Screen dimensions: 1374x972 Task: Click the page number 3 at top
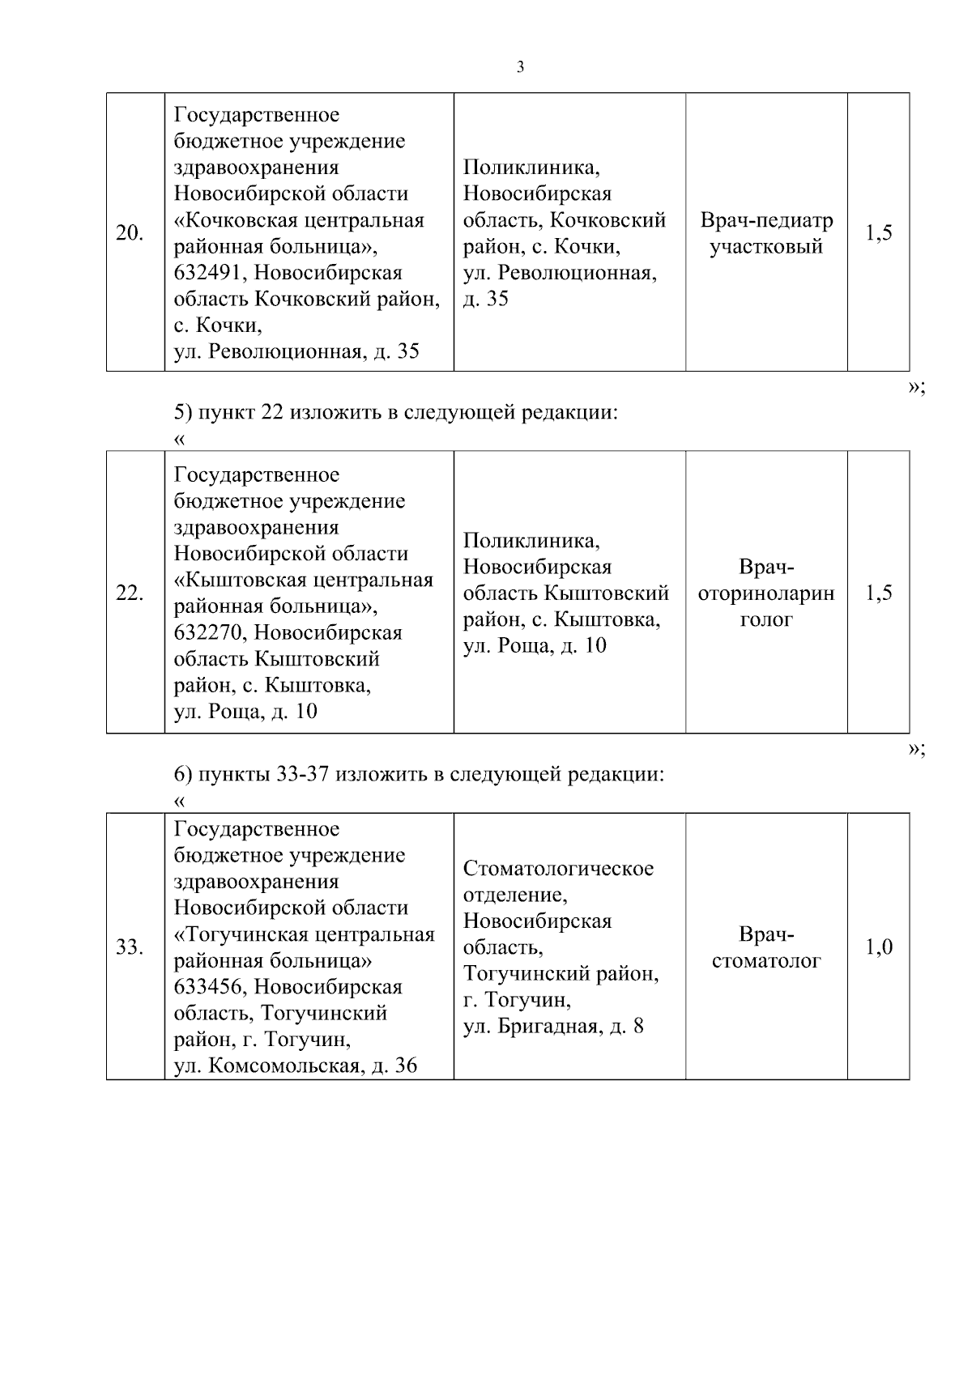(520, 67)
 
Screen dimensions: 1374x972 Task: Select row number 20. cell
(130, 233)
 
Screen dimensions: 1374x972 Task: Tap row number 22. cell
(130, 593)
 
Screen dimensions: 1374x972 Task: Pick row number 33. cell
(130, 946)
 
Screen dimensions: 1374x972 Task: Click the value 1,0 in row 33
(879, 946)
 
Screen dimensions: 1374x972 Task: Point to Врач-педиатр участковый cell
(766, 233)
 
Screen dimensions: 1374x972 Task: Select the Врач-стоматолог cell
(766, 947)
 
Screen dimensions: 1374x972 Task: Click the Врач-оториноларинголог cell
(766, 593)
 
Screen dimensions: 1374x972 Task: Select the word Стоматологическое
(558, 869)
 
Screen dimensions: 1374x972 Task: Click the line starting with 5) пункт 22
(396, 413)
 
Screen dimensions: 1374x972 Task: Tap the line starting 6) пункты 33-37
(419, 774)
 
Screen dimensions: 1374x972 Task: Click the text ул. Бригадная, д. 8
(553, 1027)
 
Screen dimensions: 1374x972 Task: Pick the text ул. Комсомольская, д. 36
(296, 1066)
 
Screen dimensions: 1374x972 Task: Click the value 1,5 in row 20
(879, 233)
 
